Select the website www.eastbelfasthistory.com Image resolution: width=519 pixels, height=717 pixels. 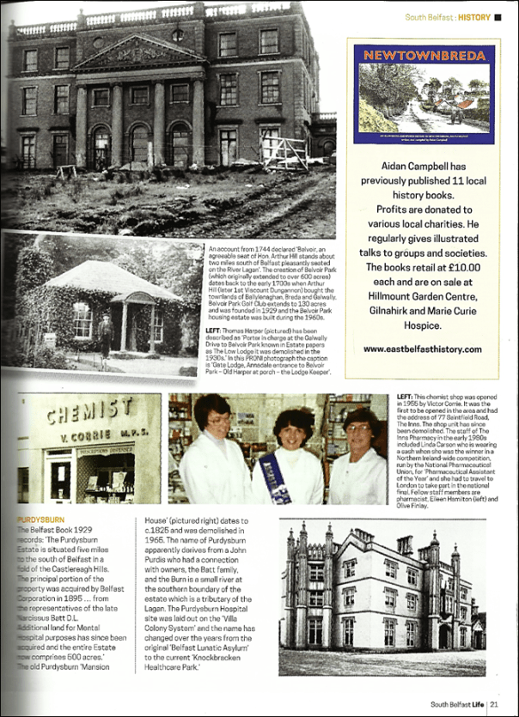coord(420,349)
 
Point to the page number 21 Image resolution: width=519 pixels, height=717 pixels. coord(495,704)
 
